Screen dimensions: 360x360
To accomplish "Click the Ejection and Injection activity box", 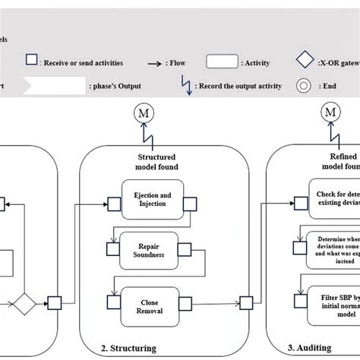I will click(152, 201).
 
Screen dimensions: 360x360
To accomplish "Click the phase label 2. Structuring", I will click(129, 348).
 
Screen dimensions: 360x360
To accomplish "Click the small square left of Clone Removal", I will click(114, 302).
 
